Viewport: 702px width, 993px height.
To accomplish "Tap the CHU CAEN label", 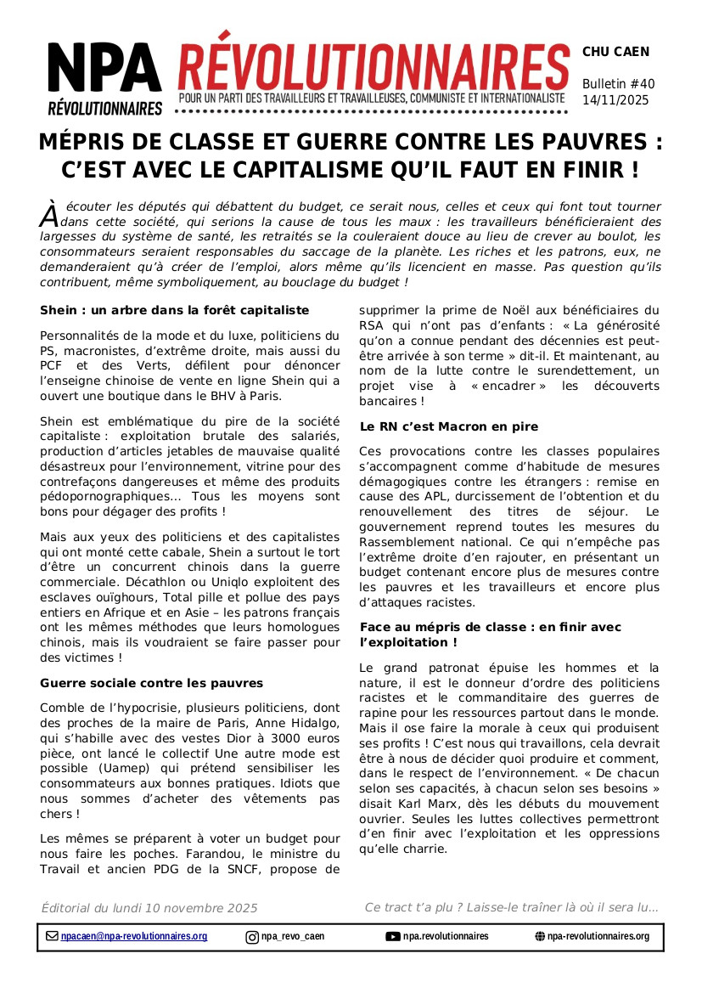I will [x=615, y=52].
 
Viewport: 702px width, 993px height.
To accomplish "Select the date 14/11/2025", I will [x=615, y=99].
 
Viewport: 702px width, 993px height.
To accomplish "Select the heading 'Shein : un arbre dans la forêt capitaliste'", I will [x=174, y=310].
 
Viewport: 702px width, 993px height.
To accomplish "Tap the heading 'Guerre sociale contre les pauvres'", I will [x=152, y=683].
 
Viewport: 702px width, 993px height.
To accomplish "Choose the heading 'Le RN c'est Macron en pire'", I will [x=449, y=426].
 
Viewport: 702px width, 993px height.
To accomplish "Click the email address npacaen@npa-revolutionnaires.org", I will [x=134, y=936].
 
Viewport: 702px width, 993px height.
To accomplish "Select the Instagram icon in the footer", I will [x=252, y=937].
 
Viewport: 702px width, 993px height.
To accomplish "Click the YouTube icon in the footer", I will [x=393, y=936].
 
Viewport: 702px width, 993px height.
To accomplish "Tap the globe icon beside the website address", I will [x=540, y=936].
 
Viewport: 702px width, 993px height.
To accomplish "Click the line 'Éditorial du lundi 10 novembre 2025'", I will [x=149, y=908].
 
